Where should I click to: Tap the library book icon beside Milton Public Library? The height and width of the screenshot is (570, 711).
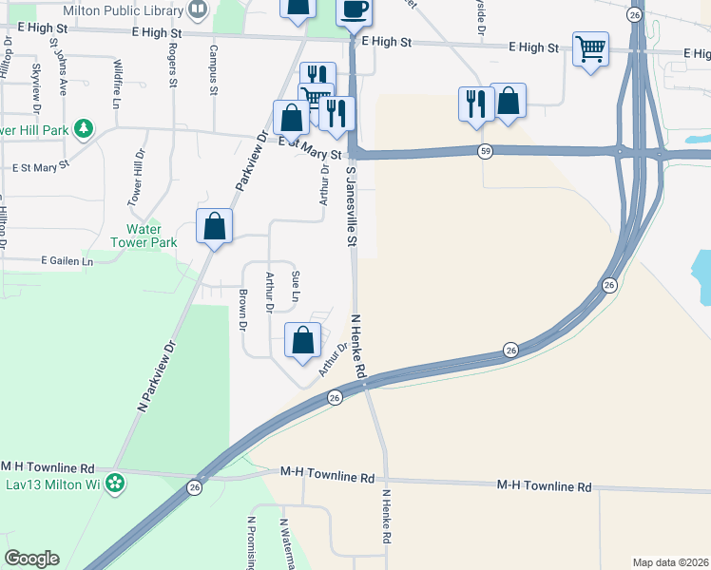coord(198,9)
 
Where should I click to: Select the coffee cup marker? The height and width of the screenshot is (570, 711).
coord(355,10)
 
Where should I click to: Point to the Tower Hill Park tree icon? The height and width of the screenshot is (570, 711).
coord(84,126)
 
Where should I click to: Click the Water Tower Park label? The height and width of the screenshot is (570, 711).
coord(151,236)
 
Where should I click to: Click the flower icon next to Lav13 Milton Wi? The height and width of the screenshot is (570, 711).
coord(116,484)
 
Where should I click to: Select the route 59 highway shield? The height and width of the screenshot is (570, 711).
coord(486,150)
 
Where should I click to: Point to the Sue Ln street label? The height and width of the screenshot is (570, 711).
coord(296,286)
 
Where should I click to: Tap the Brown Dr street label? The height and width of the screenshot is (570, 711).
coord(243,310)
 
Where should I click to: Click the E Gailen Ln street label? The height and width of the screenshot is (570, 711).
coord(67,260)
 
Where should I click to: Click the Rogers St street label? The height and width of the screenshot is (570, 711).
coord(173,65)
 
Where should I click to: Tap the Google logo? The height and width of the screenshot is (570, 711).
coord(31,559)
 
